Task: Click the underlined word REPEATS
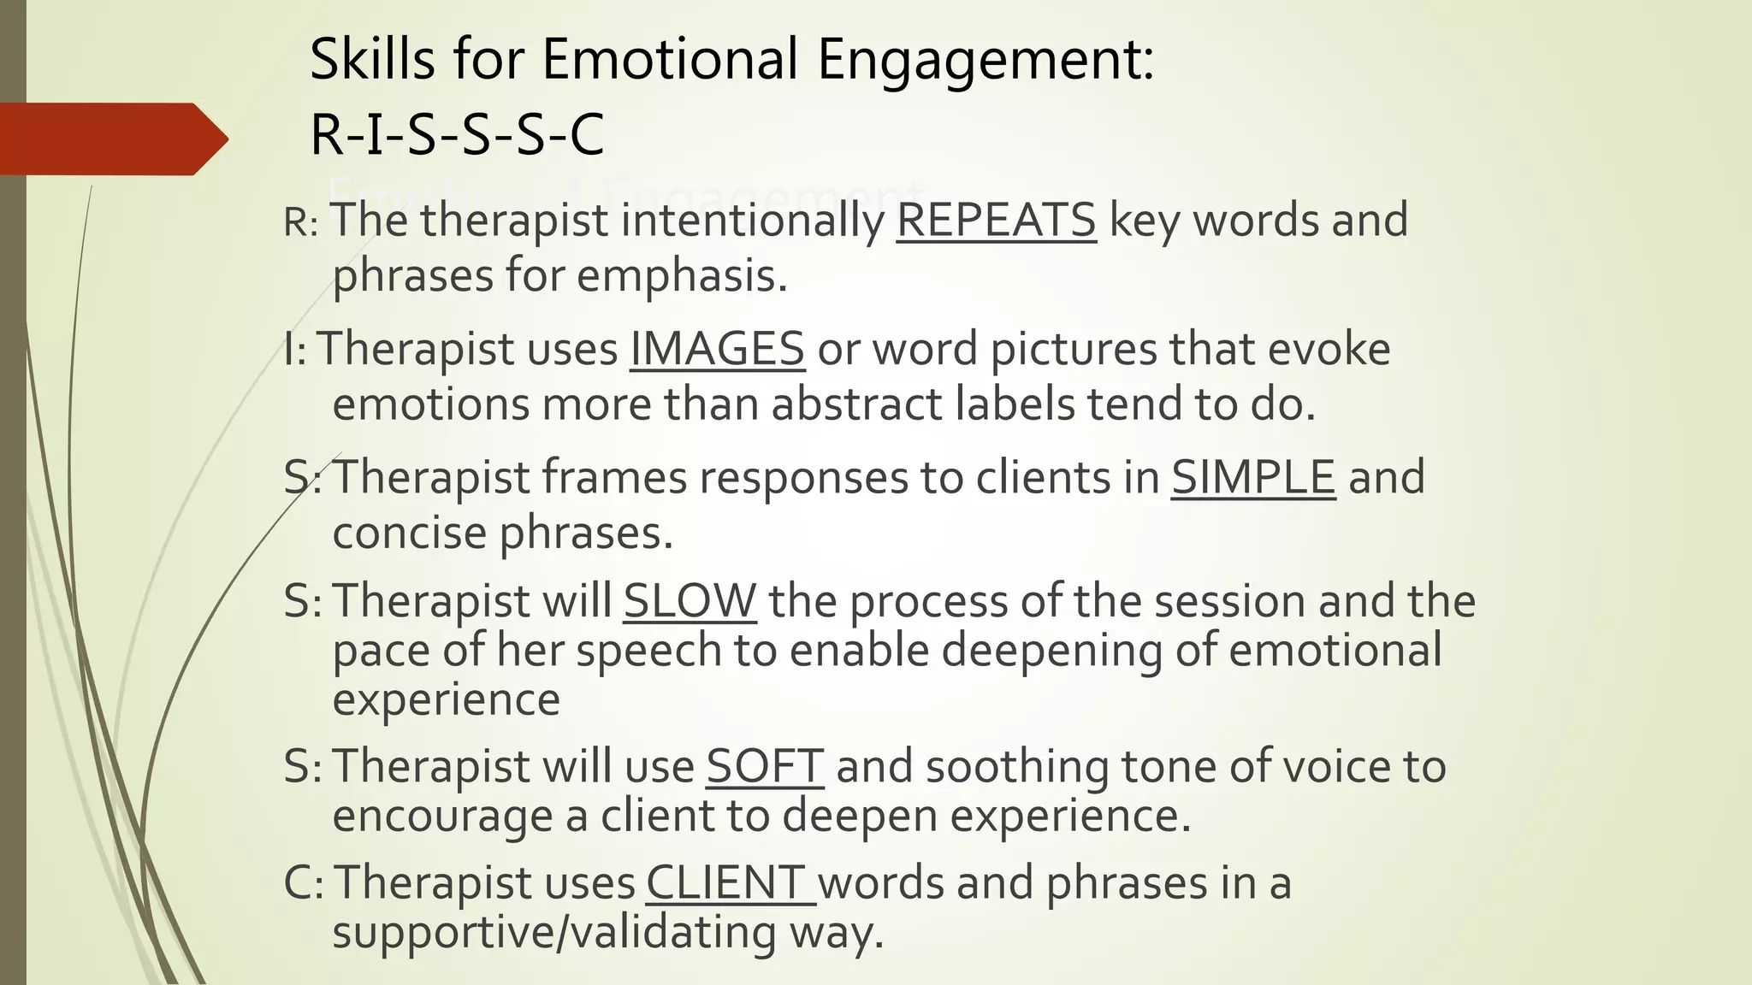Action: coord(996,221)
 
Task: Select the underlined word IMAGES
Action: coord(717,349)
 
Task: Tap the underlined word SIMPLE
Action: coord(1252,477)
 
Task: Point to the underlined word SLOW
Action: coord(690,601)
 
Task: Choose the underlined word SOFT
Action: coord(764,766)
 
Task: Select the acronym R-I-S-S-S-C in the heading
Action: coord(457,135)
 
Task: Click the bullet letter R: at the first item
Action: coord(300,222)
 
